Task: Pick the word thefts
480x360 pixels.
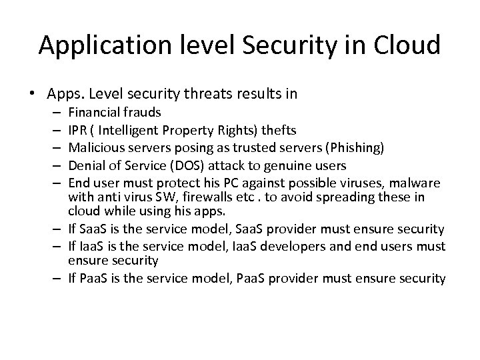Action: [x=274, y=129]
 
